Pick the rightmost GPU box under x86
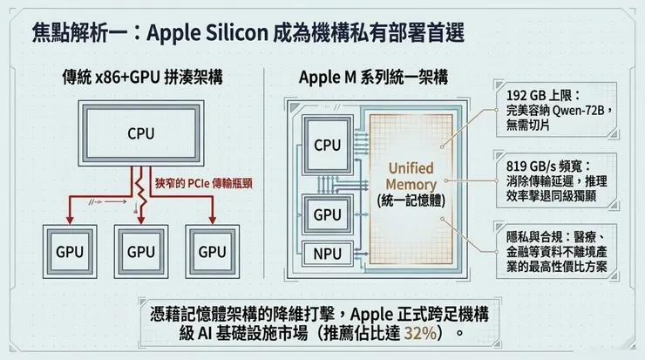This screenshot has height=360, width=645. point(212,252)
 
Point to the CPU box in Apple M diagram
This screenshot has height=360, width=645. point(327,146)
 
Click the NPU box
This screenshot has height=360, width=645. point(327,255)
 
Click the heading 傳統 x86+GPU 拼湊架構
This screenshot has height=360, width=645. point(139,76)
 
